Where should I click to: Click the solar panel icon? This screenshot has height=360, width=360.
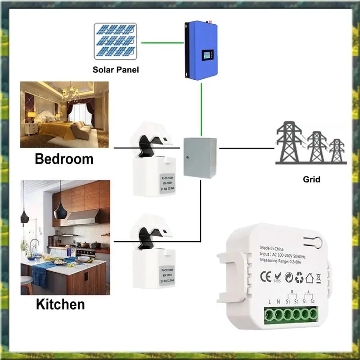[x=116, y=42]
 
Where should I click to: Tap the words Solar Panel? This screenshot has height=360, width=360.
[x=116, y=70]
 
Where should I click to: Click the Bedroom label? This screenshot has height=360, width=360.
[x=64, y=159]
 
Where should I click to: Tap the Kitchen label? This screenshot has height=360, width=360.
[x=60, y=304]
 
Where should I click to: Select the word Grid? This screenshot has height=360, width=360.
[x=311, y=179]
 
